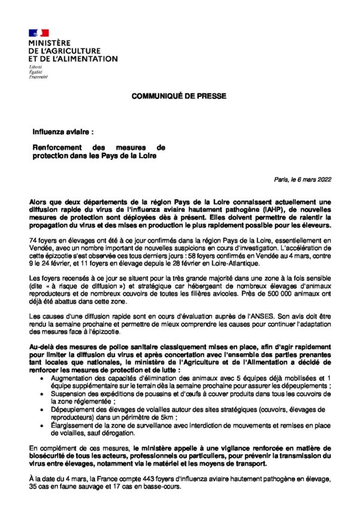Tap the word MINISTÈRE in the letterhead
pos(49,43)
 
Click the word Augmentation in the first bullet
pos(68,378)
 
